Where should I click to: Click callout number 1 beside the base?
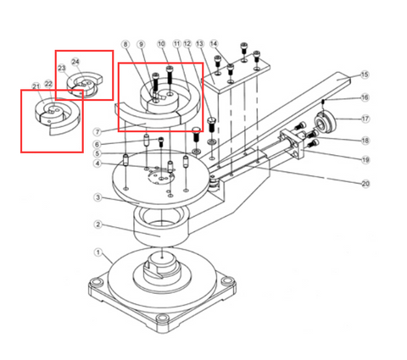coord(98,252)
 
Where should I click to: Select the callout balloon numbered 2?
coord(98,224)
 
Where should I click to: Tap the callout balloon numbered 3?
coord(98,197)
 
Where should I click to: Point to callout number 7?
coord(98,131)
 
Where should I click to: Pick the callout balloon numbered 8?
coord(125,44)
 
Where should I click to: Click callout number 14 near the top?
coord(214,44)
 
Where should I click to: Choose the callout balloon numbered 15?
coord(365,75)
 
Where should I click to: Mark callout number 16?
coord(365,97)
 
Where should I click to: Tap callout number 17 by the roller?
coord(365,119)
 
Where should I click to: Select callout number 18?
coord(365,140)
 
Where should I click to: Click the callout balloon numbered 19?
coord(365,158)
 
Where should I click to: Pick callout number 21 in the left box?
coord(35,86)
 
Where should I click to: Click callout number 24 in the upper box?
coord(75,62)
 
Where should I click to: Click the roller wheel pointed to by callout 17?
coord(326,123)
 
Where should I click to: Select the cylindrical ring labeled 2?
coord(159,227)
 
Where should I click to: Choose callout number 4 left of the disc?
coord(98,163)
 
